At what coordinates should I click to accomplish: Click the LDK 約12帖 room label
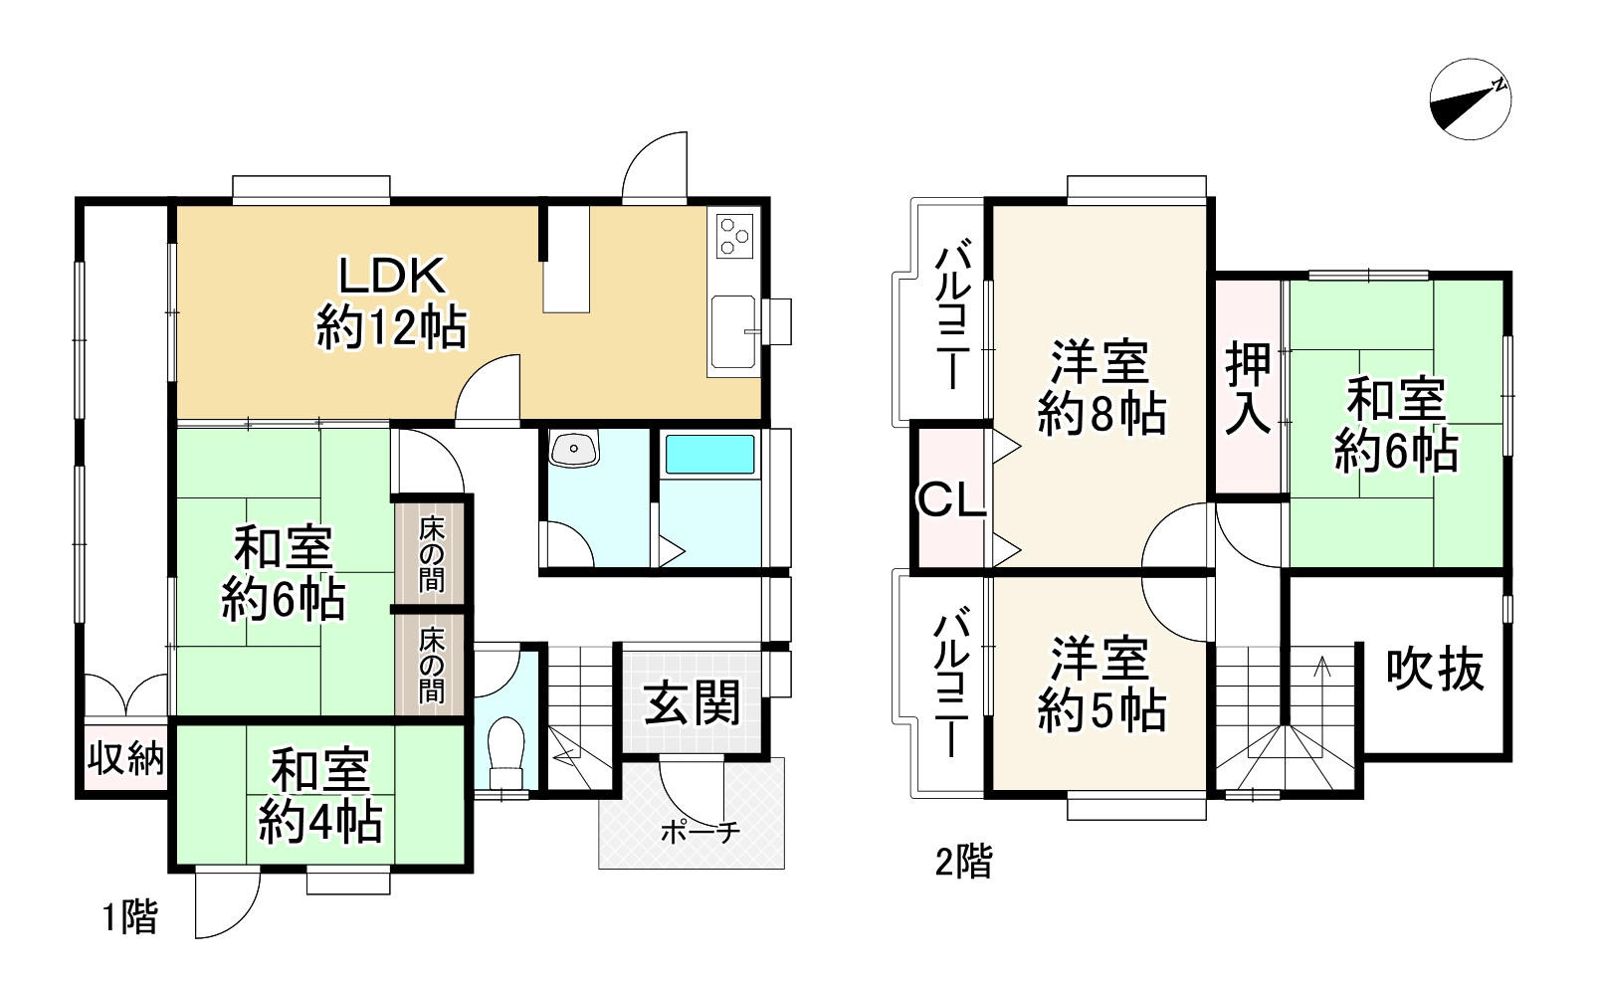coord(391,301)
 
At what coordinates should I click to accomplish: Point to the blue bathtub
coord(709,454)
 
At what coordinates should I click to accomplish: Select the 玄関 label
coord(693,704)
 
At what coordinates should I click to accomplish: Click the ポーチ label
coord(700,832)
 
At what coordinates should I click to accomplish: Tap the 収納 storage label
coord(125,759)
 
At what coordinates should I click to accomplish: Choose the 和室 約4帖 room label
coord(320,797)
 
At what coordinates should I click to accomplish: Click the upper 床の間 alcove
coord(431,553)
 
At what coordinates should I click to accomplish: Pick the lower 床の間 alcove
coord(431,664)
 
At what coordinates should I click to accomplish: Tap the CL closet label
coord(950,500)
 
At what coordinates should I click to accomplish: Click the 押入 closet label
coord(1248,387)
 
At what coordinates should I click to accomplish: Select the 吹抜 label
coord(1435,669)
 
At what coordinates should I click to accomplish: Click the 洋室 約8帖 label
coord(1100,388)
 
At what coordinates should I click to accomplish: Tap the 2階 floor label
coord(963,861)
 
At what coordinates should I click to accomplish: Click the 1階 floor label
coord(130,916)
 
